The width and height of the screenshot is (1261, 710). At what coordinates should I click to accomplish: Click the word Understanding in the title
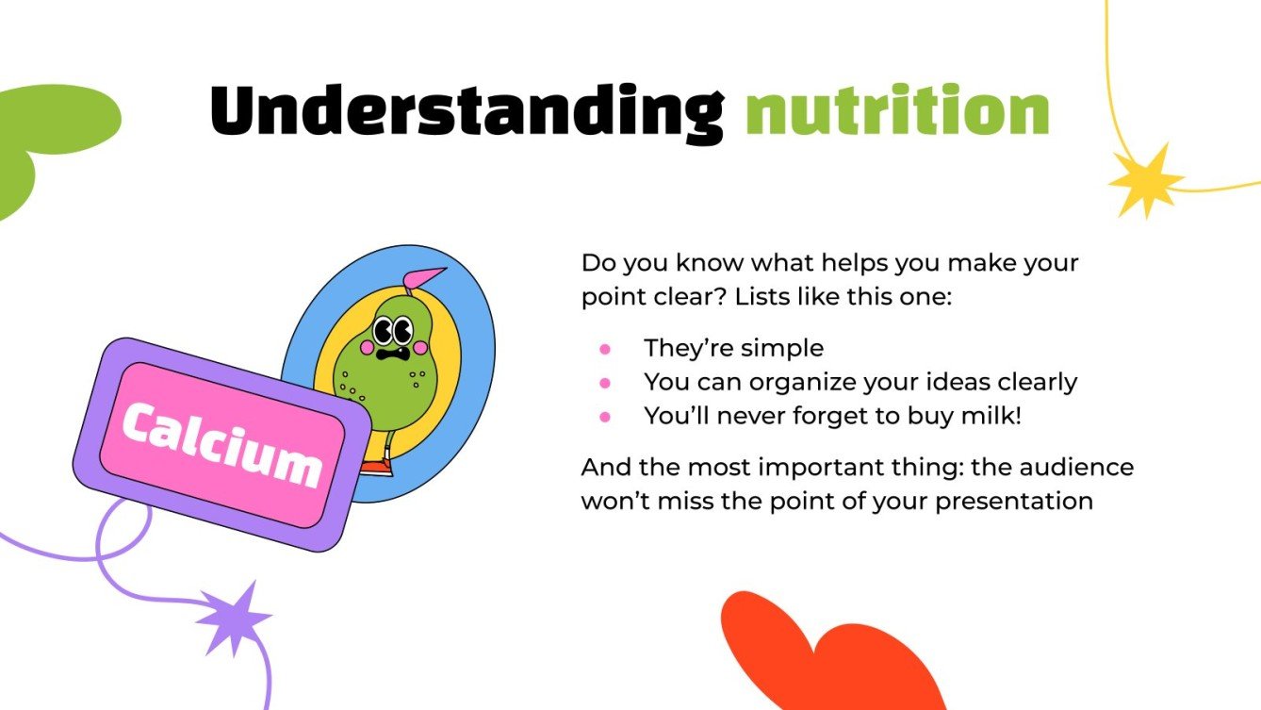click(466, 111)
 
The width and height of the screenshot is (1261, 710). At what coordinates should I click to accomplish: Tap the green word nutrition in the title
click(896, 111)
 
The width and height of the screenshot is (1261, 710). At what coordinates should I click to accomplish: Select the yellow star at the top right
click(1144, 181)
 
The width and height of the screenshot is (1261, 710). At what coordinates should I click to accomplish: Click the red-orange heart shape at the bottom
click(829, 660)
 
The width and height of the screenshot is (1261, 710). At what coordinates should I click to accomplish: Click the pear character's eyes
click(392, 331)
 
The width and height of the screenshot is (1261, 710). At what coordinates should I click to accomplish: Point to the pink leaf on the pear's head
click(425, 277)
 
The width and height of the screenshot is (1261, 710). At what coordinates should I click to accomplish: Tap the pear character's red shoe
click(375, 467)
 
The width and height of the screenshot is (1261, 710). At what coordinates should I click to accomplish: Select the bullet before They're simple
click(605, 349)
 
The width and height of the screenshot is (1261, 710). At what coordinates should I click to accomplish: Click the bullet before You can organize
click(605, 383)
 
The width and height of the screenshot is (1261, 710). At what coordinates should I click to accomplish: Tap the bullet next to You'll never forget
click(605, 416)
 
